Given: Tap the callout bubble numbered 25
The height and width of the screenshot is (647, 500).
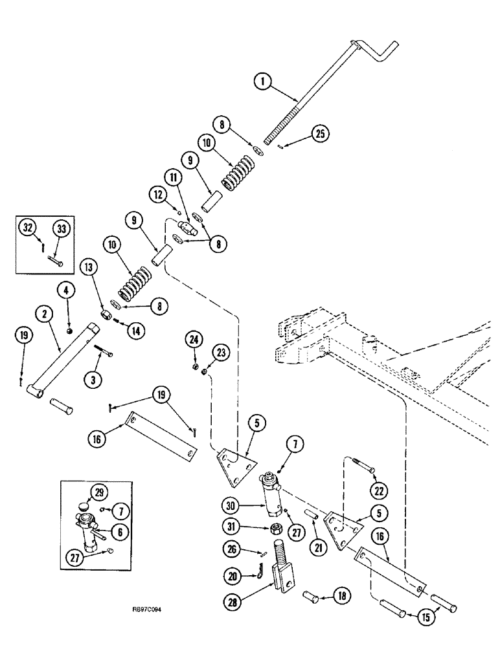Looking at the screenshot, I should (320, 134).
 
